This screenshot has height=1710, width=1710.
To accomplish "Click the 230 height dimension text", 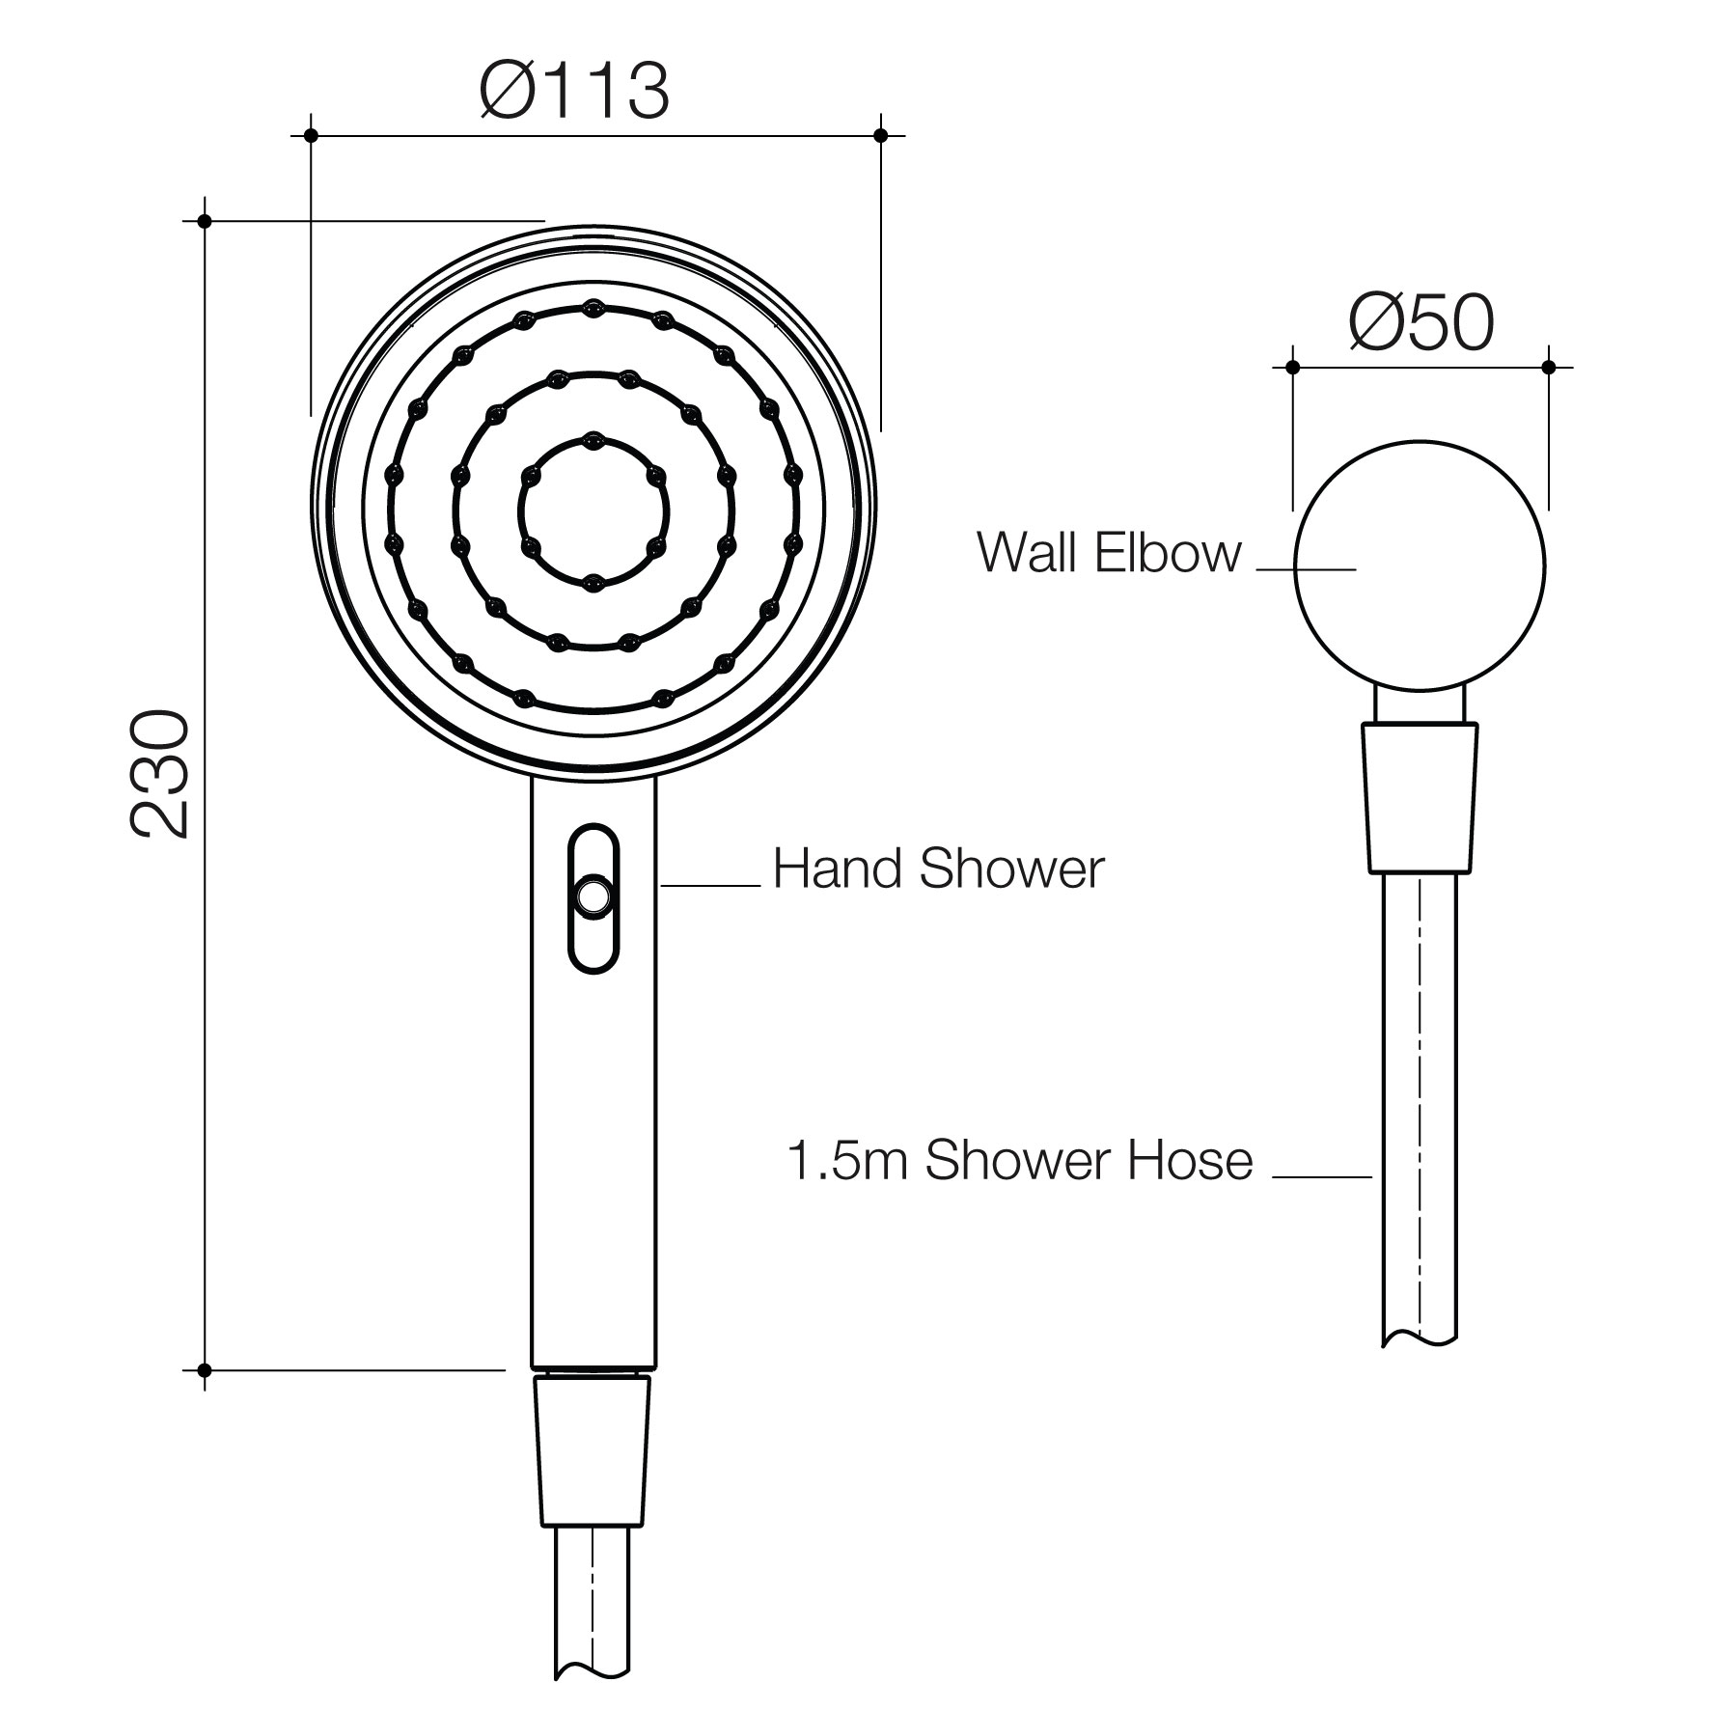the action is click(x=161, y=774).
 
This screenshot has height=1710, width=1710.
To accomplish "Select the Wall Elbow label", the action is click(x=1109, y=553).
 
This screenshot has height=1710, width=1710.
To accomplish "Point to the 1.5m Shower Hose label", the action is click(x=1020, y=1160).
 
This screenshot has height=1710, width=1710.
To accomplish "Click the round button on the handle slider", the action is click(x=592, y=896).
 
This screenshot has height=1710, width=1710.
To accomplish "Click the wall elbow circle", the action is click(x=1420, y=565).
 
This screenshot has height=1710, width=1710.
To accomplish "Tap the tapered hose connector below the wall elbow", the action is click(x=1420, y=798).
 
